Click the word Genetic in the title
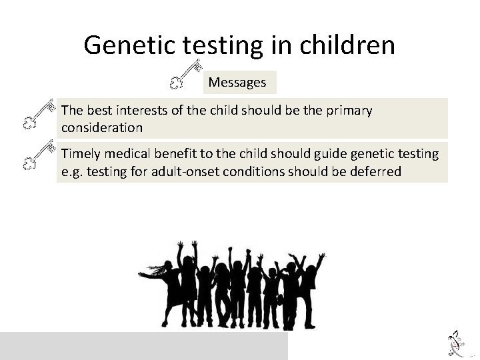(x=127, y=45)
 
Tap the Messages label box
(x=237, y=83)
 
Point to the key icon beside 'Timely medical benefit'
(x=38, y=155)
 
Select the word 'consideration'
(x=102, y=127)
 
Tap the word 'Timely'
(x=81, y=154)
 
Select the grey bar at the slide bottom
(x=144, y=346)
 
